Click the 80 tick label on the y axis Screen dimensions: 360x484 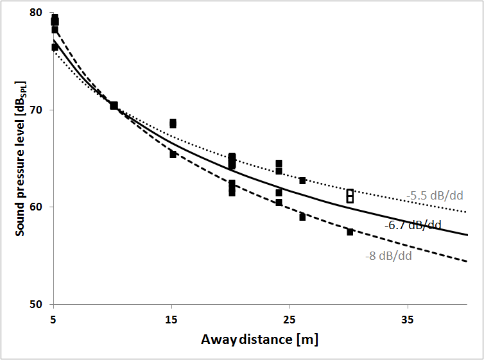[x=36, y=13]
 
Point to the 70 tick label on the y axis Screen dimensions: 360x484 [x=36, y=110]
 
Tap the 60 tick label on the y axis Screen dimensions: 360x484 [x=36, y=207]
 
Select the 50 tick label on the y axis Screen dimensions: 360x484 [x=36, y=304]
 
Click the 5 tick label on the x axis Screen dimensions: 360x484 [x=55, y=318]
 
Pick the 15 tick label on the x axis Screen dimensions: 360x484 [x=172, y=318]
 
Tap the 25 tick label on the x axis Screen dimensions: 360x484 [x=290, y=318]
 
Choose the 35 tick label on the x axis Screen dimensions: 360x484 [x=408, y=318]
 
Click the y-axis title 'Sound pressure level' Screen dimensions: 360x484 [x=21, y=157]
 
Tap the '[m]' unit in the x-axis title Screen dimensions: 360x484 [x=306, y=338]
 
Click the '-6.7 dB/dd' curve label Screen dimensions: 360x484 [x=413, y=225]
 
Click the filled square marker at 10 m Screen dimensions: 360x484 [x=114, y=105]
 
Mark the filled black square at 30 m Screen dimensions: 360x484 [x=350, y=232]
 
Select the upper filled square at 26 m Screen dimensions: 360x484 [x=302, y=180]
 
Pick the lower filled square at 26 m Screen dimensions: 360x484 [x=302, y=217]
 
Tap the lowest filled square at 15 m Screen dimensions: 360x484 [x=173, y=154]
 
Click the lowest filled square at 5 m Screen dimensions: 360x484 [x=55, y=47]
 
